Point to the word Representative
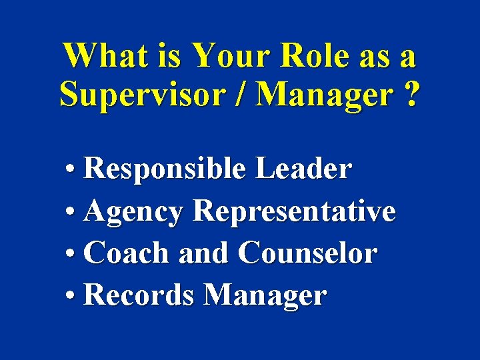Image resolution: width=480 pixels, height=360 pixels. [x=294, y=213]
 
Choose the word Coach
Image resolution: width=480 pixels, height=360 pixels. [x=127, y=253]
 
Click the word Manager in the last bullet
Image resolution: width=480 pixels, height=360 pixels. [x=265, y=296]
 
